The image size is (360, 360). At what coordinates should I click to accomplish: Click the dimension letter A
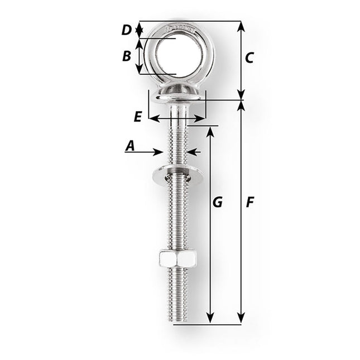(x=130, y=146)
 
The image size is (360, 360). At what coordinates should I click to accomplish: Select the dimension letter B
(x=126, y=56)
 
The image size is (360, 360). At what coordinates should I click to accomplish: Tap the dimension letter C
(x=249, y=57)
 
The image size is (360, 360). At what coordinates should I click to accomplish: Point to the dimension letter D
(x=127, y=29)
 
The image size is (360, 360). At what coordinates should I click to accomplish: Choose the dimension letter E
(x=137, y=117)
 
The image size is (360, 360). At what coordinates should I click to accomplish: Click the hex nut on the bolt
(x=176, y=258)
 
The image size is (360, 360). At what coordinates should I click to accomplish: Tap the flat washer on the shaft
(x=176, y=175)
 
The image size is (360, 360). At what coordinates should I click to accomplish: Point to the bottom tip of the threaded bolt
(x=176, y=323)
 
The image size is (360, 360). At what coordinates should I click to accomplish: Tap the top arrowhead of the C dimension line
(x=241, y=25)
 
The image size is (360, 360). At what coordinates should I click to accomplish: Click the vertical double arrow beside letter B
(x=140, y=56)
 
